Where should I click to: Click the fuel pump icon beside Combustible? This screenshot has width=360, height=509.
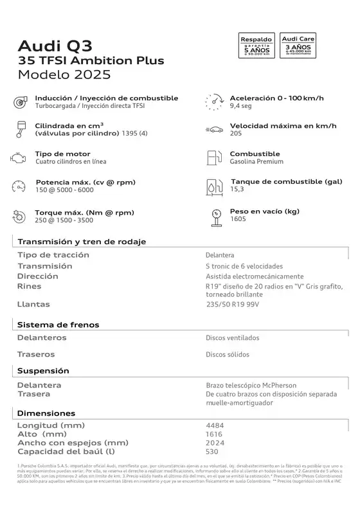coord(213,157)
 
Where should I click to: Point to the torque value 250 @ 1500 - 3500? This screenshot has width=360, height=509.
coord(64,220)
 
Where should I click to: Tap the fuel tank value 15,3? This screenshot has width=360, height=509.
coord(237,189)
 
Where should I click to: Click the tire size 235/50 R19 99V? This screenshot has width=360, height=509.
coord(232,305)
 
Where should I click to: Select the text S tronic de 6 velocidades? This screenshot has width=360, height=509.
coord(244,266)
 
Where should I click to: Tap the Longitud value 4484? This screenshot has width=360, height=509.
coord(215,425)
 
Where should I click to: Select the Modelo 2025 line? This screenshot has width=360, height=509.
coord(64,75)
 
